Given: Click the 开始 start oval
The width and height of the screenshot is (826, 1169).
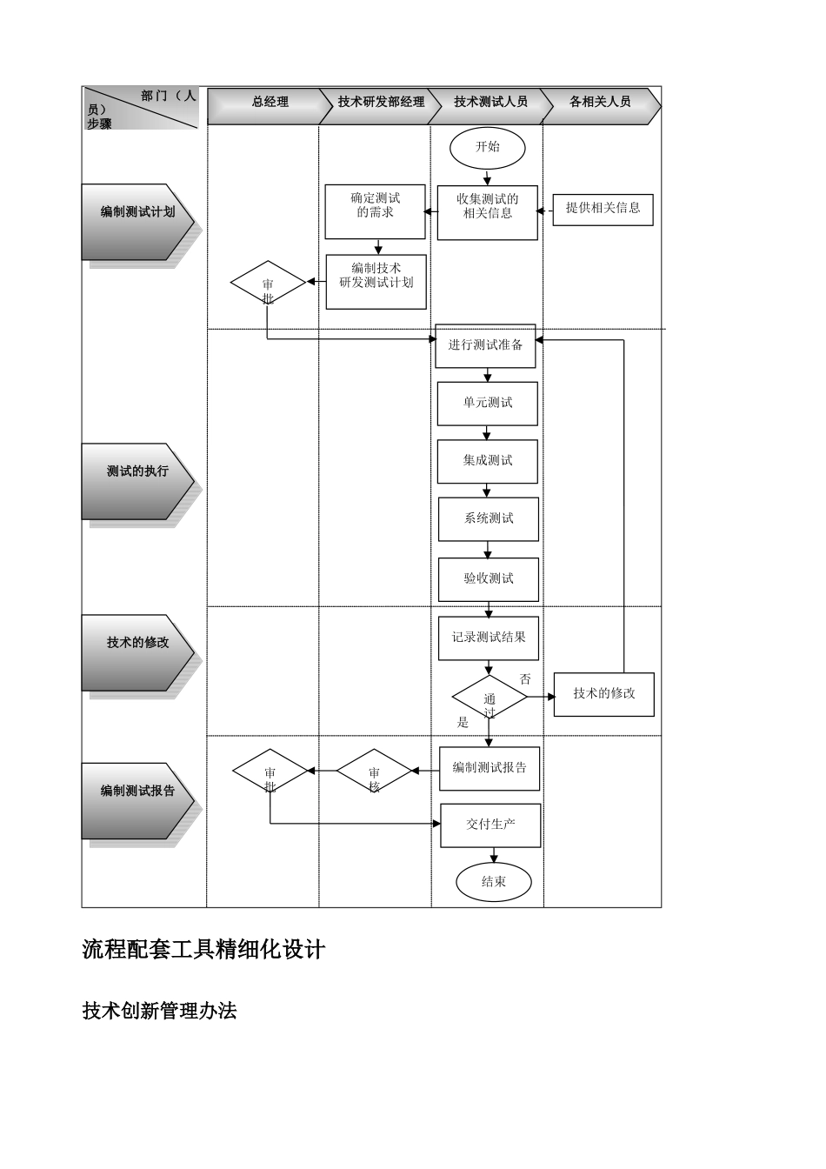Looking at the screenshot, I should [487, 147].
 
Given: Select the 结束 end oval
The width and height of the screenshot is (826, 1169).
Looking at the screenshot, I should [493, 882].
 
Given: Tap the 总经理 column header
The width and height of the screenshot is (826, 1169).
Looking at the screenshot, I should [270, 103].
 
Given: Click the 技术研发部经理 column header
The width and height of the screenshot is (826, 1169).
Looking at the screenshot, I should [381, 103].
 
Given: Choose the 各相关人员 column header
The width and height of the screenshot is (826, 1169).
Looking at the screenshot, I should [600, 103].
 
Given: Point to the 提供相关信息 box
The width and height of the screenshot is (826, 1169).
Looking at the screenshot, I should [603, 208].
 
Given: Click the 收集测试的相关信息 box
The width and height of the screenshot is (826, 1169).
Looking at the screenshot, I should [487, 212].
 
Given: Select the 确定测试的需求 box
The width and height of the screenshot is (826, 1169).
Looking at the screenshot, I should [375, 211].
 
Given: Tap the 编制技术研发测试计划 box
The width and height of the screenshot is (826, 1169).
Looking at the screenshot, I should [376, 282].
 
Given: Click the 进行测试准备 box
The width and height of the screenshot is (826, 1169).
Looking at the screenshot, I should [485, 345].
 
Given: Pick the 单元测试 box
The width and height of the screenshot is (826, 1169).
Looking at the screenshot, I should [487, 404].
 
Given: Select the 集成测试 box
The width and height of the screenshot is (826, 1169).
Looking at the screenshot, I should [487, 461].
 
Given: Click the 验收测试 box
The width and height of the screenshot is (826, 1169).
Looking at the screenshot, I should [488, 578].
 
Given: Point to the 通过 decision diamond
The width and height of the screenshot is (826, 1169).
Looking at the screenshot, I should [489, 698].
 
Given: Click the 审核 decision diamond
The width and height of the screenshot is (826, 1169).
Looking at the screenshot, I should [374, 772].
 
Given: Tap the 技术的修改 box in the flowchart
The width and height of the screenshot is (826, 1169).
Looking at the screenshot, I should [603, 694].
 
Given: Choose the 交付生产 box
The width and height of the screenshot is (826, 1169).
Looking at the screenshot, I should [490, 825].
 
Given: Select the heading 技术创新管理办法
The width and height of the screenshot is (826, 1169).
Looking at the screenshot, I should [159, 1011].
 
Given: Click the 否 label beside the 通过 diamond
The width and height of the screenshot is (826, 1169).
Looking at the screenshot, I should [525, 679].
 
